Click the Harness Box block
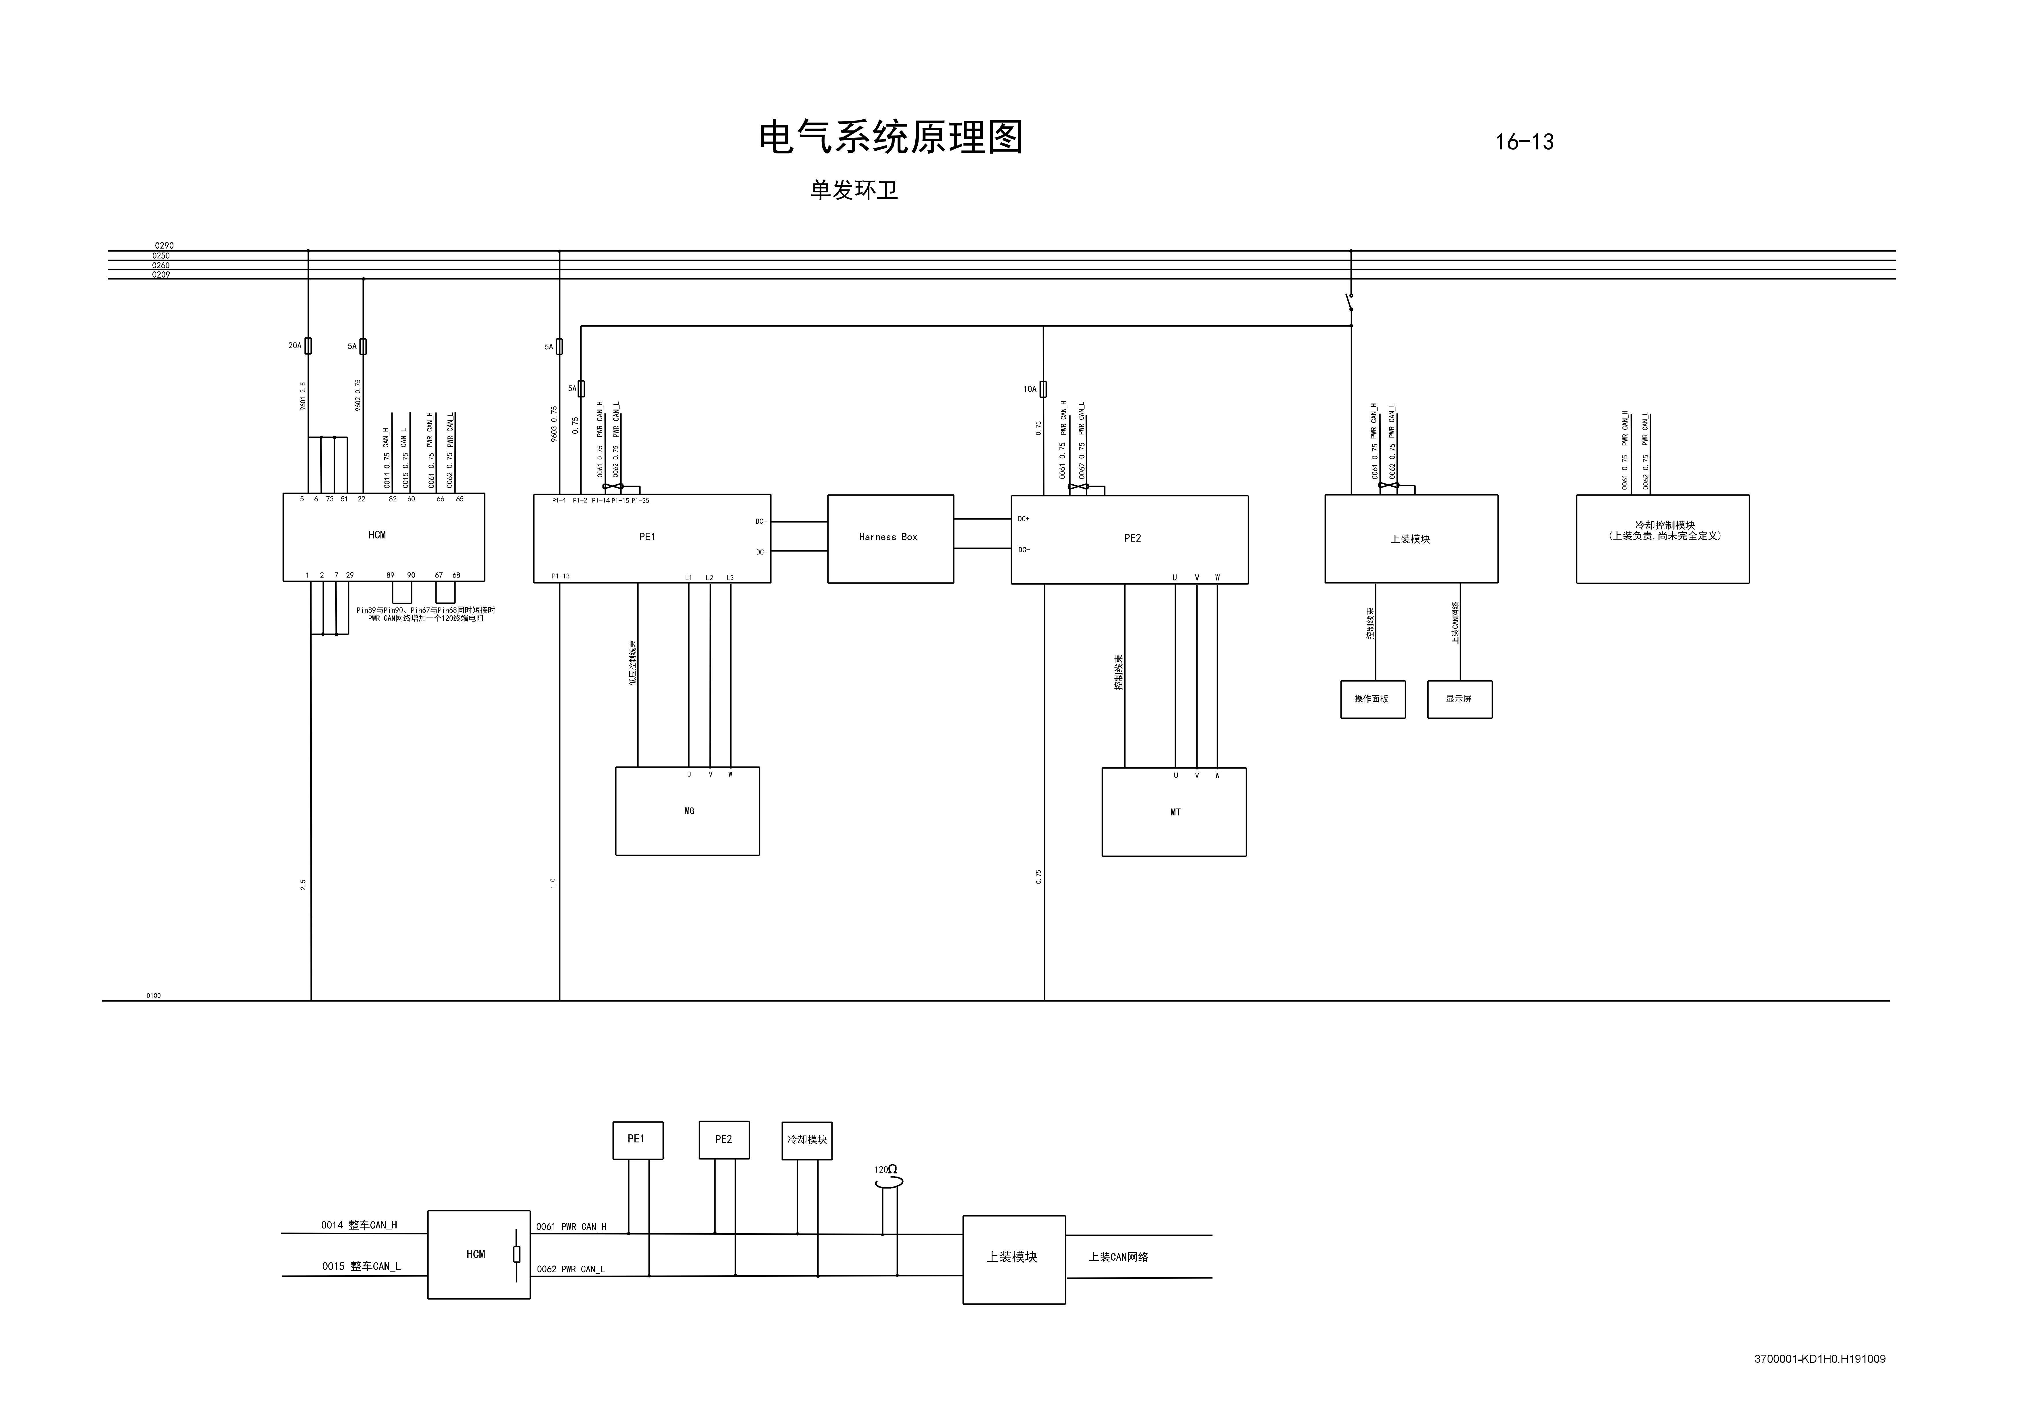890,538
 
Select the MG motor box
687,811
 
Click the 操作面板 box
1372,699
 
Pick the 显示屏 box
1459,699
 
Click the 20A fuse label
294,345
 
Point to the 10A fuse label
1029,389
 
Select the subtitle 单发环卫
854,190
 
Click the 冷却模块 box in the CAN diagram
806,1140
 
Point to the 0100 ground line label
154,996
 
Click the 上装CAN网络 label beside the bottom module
1118,1257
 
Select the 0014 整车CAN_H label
359,1225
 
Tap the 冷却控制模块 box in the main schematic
1662,538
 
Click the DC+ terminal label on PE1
760,521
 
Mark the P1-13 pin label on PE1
561,577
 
